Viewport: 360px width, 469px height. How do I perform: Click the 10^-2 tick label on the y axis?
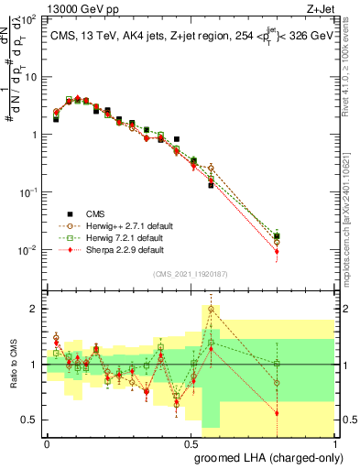(28, 250)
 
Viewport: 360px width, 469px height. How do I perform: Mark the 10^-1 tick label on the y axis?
(28, 192)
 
